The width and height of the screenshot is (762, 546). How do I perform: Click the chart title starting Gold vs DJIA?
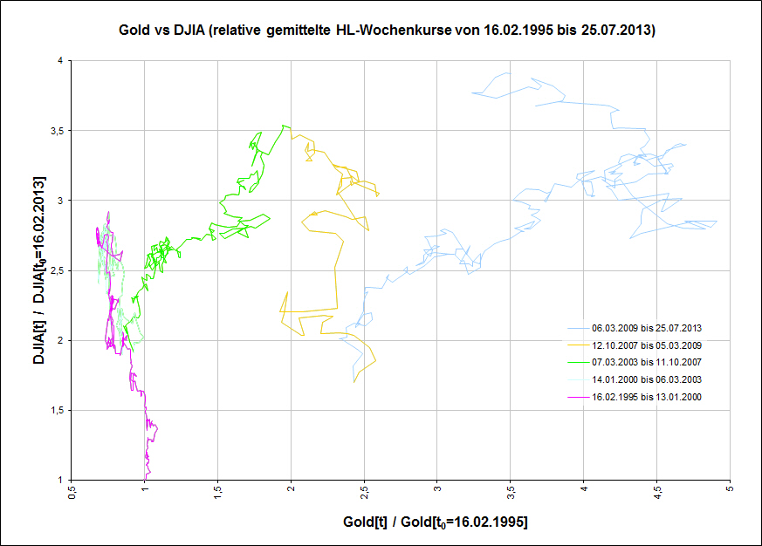click(388, 31)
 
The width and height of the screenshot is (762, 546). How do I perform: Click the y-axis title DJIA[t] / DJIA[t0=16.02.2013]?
click(39, 270)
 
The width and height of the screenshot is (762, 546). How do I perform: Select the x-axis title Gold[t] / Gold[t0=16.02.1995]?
click(436, 522)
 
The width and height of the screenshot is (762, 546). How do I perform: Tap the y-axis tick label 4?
click(60, 61)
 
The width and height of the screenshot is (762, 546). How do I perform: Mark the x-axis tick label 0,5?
click(72, 494)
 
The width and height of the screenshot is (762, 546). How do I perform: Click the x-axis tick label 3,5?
click(511, 494)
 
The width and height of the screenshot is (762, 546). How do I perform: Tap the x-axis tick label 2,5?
click(365, 494)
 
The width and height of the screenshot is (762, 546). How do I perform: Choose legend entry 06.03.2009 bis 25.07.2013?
click(647, 329)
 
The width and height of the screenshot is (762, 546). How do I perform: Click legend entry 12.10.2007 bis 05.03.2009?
click(647, 345)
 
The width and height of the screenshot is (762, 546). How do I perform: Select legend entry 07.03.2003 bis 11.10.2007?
click(647, 362)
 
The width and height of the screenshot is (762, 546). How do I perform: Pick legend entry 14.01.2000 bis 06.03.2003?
click(647, 379)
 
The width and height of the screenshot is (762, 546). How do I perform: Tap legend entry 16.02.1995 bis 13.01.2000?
click(647, 397)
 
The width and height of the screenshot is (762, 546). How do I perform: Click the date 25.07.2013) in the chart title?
click(620, 31)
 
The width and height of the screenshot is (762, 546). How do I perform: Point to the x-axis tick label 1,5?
click(218, 494)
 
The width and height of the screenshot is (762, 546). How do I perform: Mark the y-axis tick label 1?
click(60, 480)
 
